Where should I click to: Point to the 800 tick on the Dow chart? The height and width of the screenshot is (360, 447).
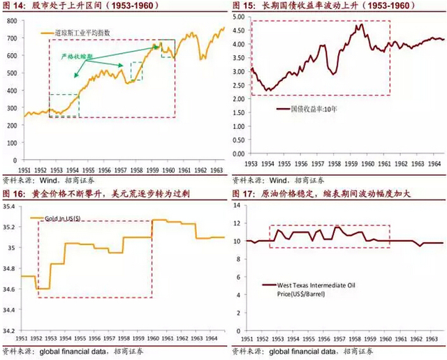[12, 21]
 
